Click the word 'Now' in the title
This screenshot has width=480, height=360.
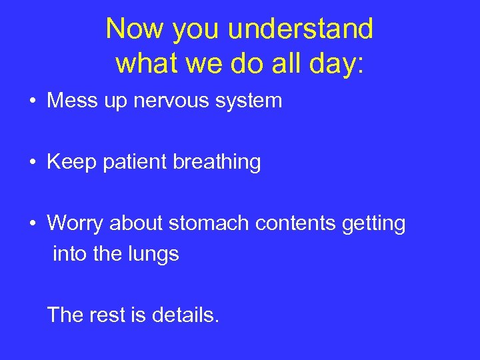(131, 29)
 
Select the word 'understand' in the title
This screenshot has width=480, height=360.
(301, 29)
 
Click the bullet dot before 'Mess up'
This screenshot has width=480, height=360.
(33, 102)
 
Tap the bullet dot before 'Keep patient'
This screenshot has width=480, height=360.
(33, 163)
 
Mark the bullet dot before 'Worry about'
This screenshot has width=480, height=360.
(33, 224)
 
